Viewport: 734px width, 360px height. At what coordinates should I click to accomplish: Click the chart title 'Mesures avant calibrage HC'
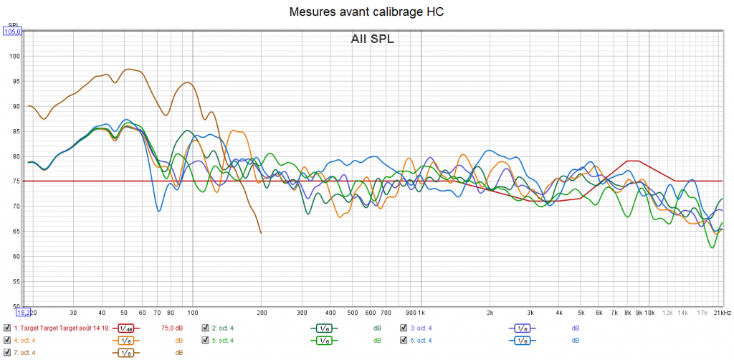point(366,12)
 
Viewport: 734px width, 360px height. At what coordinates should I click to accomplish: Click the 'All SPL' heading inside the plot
point(372,39)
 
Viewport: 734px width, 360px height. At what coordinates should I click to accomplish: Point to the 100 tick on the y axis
point(16,57)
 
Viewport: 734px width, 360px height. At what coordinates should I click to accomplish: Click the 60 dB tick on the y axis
point(17,256)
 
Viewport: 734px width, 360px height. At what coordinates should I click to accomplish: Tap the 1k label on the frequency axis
point(421,313)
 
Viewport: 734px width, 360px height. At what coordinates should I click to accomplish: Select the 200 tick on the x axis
point(261,313)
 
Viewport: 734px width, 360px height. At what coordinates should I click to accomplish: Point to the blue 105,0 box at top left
point(13,32)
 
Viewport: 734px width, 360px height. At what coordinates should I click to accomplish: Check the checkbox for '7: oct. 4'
point(7,353)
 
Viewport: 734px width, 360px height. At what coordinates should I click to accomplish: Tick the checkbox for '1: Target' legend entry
point(7,328)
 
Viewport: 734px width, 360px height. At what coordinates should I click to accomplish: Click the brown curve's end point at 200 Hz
point(261,233)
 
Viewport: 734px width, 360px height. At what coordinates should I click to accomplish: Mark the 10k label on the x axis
point(649,313)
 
